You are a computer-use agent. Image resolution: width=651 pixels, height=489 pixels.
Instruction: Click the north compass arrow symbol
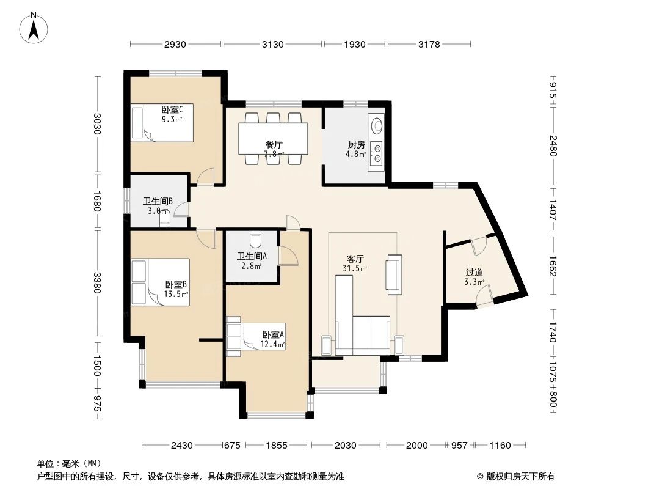35,27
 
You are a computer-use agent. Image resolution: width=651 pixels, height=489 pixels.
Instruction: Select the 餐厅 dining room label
274,145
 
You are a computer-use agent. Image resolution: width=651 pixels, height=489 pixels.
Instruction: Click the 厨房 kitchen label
357,145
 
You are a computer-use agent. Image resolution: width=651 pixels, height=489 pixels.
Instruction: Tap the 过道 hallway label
474,272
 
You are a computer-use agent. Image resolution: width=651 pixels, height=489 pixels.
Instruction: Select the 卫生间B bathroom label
158,201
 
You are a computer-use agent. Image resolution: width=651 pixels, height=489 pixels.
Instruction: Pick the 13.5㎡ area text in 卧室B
175,294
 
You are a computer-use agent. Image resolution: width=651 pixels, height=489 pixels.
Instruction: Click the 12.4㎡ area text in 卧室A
273,345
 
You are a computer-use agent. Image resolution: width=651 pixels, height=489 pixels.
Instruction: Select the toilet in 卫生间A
255,237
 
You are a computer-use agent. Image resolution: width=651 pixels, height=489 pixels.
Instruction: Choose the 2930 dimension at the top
175,44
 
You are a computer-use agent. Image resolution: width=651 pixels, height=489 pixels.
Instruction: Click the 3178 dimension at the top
430,44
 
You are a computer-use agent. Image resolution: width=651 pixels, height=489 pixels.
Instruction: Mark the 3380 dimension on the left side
96,282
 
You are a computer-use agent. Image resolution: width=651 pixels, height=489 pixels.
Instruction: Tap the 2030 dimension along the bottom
346,446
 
